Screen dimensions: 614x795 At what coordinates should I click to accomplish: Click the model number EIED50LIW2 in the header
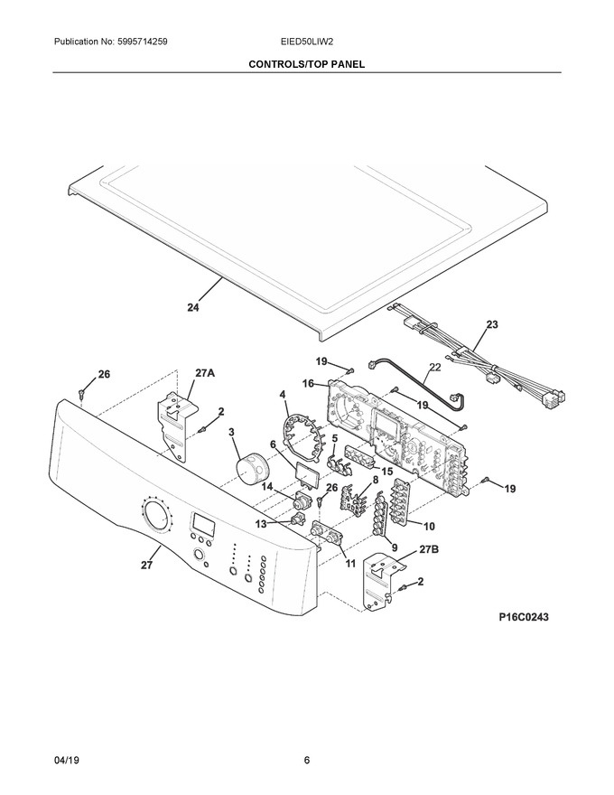307,42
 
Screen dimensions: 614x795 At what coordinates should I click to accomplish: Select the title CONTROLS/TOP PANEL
306,64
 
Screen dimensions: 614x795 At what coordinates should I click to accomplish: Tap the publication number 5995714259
143,42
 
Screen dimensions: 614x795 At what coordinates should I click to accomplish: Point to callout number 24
193,307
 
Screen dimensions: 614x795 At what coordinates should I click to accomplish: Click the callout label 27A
205,374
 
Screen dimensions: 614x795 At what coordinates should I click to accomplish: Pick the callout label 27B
429,549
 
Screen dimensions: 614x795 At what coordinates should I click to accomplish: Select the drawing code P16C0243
524,617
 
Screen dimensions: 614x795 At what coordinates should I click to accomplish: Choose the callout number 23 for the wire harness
492,324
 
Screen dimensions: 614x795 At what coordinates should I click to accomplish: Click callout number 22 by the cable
434,367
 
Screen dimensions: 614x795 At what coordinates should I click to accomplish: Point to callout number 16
308,384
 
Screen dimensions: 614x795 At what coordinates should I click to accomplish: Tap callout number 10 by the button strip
429,527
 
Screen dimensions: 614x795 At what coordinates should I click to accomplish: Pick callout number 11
350,564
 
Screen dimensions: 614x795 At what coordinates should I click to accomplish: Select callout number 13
260,523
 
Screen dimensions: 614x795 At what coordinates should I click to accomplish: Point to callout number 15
386,472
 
